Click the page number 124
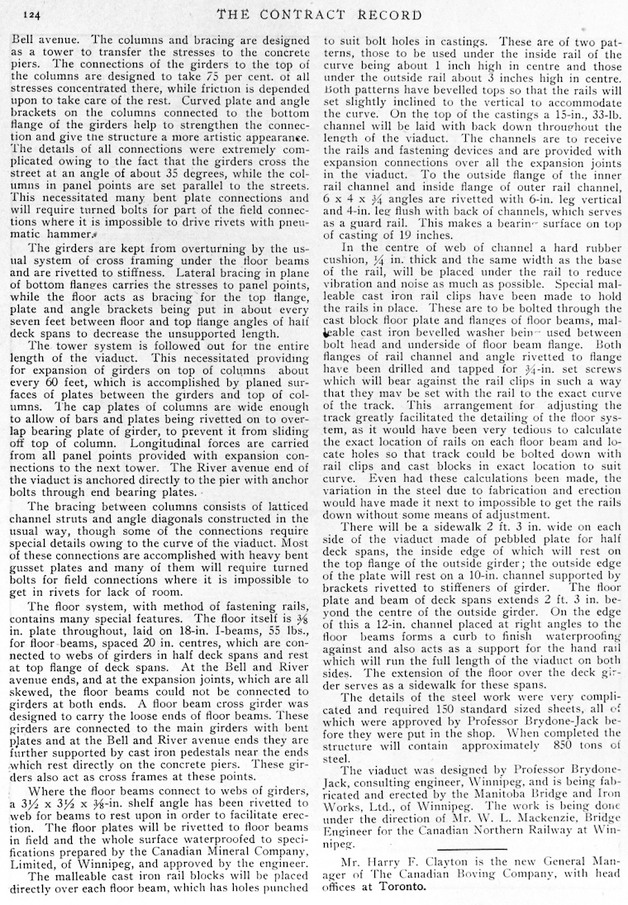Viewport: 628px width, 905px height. pyautogui.click(x=32, y=14)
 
